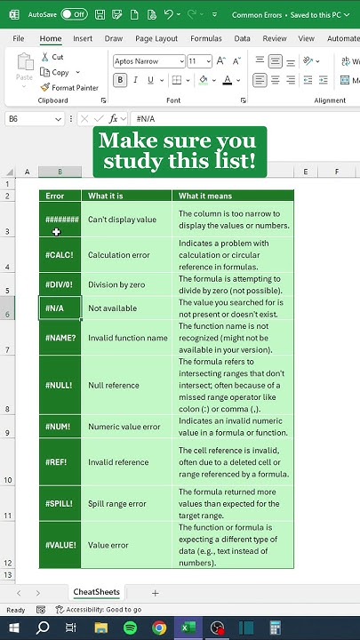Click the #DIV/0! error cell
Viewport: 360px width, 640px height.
(60, 284)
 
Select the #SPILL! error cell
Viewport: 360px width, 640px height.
(60, 503)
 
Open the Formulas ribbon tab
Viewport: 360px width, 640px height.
(206, 39)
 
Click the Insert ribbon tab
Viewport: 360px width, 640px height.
(83, 39)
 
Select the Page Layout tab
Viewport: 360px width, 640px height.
(156, 39)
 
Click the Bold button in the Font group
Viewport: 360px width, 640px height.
(120, 80)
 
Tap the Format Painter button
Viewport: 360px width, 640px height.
(69, 88)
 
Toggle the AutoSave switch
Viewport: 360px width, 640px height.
(73, 14)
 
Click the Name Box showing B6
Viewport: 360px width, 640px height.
(36, 118)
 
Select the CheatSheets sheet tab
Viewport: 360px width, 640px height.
(96, 592)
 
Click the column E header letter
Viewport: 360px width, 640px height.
(306, 172)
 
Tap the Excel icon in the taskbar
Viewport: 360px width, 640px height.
(188, 628)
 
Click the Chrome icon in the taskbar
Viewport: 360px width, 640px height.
(159, 628)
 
